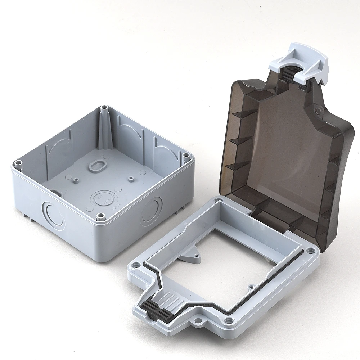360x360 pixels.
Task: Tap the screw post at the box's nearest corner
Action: click(101, 216)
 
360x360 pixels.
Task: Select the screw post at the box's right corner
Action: click(186, 156)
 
